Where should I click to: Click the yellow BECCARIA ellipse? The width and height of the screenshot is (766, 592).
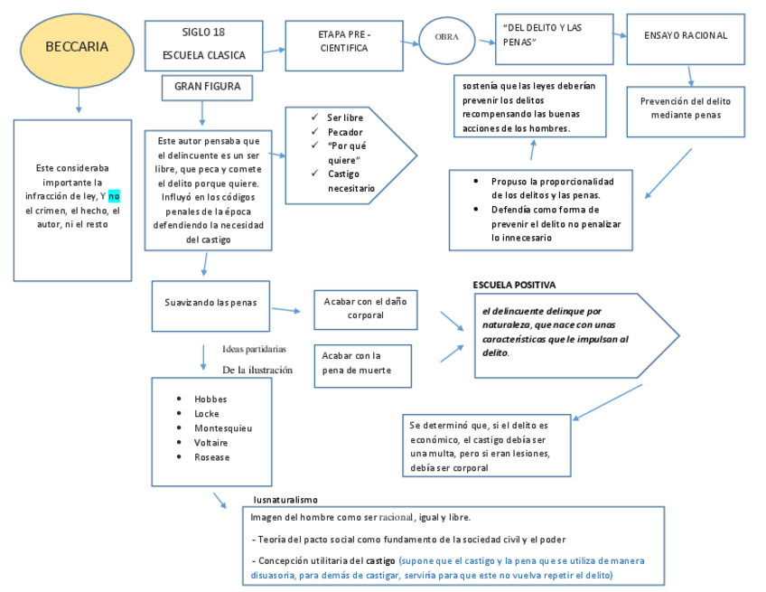(77, 48)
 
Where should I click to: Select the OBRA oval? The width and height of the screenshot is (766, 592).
(447, 37)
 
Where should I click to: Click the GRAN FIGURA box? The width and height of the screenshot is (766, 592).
(207, 88)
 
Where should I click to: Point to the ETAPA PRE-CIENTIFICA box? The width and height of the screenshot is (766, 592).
(344, 42)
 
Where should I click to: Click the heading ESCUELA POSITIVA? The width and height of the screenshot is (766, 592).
(515, 285)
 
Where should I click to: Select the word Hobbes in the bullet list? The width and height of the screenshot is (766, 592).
(210, 399)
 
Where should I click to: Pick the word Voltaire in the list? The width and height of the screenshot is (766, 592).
(211, 443)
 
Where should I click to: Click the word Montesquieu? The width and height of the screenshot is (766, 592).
(223, 428)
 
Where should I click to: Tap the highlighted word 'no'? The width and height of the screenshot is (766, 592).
(114, 195)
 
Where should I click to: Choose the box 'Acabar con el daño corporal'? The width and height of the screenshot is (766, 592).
(365, 309)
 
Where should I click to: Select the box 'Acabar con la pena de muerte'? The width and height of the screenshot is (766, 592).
(365, 362)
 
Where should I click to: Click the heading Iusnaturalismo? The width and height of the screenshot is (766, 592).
(285, 500)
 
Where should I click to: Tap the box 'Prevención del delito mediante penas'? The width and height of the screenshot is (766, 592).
(686, 108)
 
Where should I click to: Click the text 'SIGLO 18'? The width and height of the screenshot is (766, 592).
(203, 33)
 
